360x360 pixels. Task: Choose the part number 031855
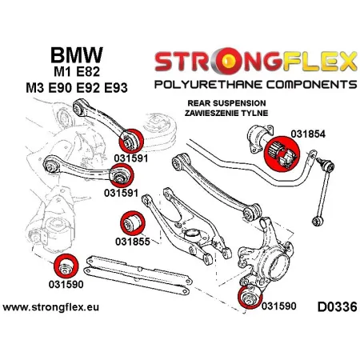(130, 241)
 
